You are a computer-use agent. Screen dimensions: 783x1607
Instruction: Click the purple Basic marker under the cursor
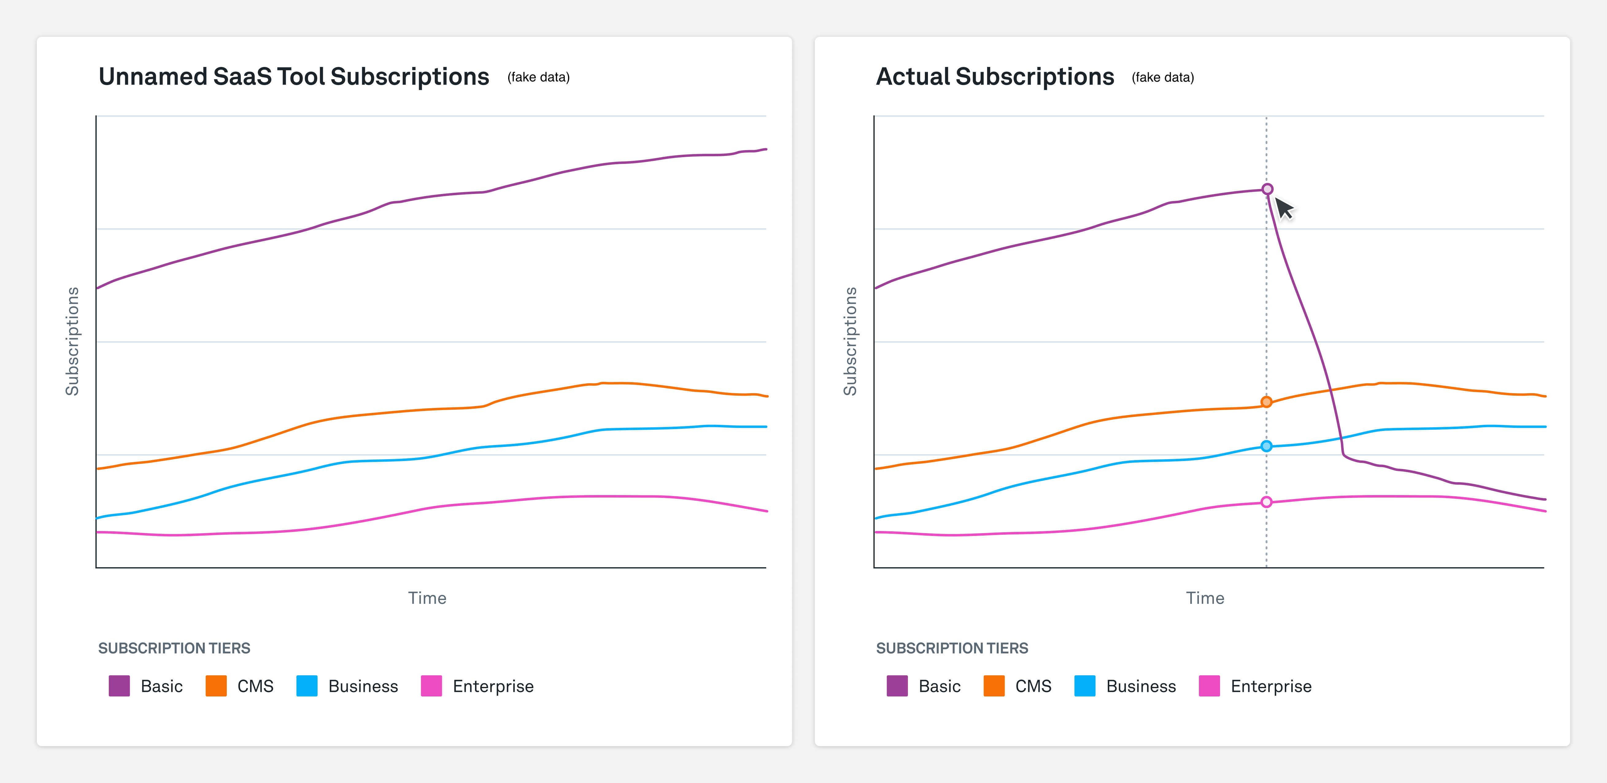click(1267, 189)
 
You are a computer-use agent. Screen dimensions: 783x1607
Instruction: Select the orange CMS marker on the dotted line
click(1266, 402)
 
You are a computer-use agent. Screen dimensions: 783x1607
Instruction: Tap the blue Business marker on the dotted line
click(1266, 446)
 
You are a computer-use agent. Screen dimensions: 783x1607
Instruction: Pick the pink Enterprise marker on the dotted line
click(1266, 502)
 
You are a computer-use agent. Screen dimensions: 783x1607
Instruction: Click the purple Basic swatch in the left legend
click(119, 686)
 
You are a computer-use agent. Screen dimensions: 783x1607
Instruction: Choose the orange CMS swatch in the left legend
click(216, 686)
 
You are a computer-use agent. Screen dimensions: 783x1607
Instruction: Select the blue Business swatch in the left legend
click(307, 686)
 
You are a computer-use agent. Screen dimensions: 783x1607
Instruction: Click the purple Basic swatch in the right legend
click(897, 686)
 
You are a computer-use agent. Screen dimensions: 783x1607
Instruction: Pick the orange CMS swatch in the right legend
click(994, 686)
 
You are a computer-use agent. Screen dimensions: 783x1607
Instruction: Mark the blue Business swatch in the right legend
click(1085, 686)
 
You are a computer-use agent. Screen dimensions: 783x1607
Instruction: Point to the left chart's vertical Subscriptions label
click(72, 341)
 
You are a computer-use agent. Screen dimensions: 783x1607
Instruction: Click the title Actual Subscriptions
click(995, 77)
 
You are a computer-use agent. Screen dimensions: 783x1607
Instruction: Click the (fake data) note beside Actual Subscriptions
click(1163, 77)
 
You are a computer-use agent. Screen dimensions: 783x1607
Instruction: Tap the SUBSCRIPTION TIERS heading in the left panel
click(174, 648)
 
